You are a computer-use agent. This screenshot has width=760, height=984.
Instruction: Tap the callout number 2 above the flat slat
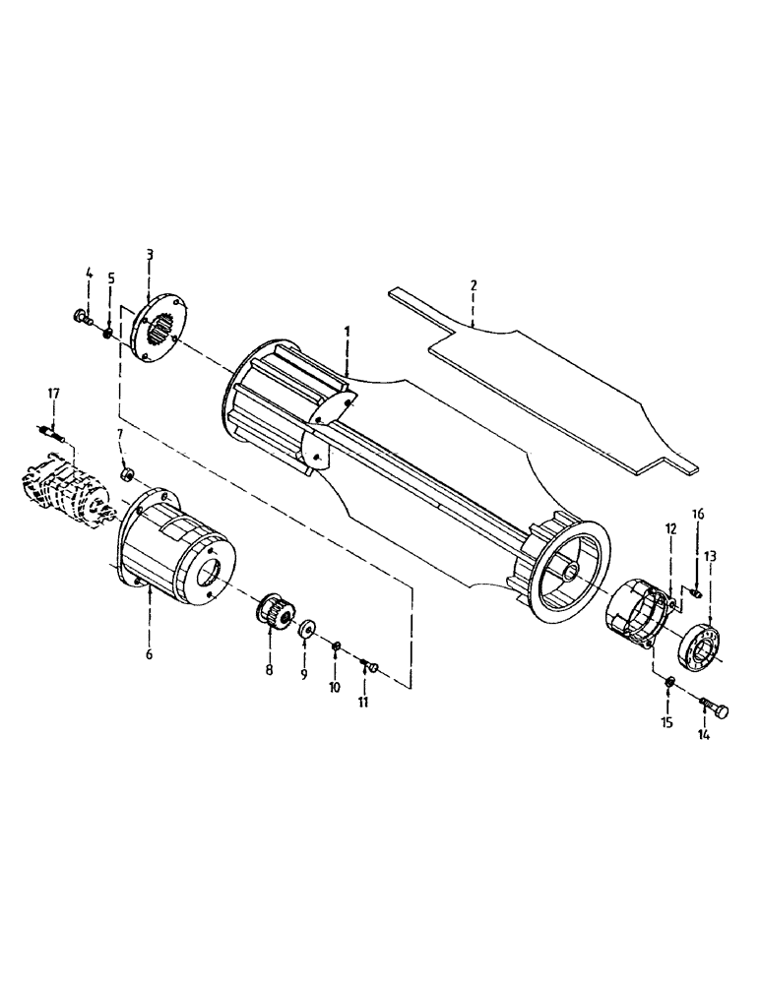point(474,285)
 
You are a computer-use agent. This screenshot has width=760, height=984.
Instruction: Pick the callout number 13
point(711,557)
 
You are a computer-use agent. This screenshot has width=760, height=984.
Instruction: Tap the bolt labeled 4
point(81,316)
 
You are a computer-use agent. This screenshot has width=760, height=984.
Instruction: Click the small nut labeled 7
point(127,476)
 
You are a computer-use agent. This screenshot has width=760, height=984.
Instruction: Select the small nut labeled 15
point(669,682)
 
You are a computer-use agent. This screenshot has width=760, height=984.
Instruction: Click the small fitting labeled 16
point(697,591)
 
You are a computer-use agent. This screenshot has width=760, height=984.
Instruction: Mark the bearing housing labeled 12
point(634,616)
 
